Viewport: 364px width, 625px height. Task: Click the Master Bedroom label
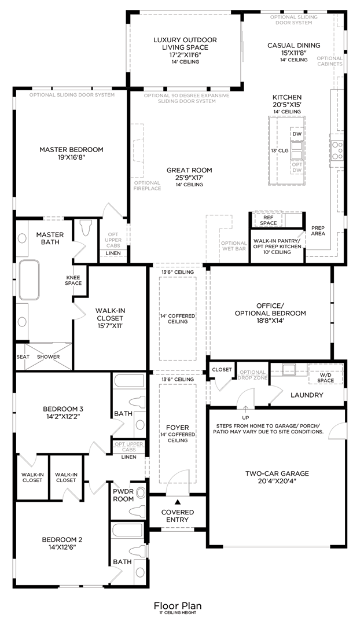[71, 149]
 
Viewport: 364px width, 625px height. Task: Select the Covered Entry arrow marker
[178, 502]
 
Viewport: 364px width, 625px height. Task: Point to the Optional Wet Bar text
[234, 246]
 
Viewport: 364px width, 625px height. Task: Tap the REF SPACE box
[269, 220]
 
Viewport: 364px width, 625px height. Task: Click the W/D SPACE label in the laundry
[325, 377]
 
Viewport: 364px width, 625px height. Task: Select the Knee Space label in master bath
[73, 280]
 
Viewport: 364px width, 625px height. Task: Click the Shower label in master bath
[49, 356]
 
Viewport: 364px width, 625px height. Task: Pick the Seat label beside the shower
[23, 356]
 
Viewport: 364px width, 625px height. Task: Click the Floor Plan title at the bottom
[178, 605]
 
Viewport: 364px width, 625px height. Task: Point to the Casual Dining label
[293, 45]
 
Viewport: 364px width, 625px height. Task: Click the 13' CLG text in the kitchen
[280, 150]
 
